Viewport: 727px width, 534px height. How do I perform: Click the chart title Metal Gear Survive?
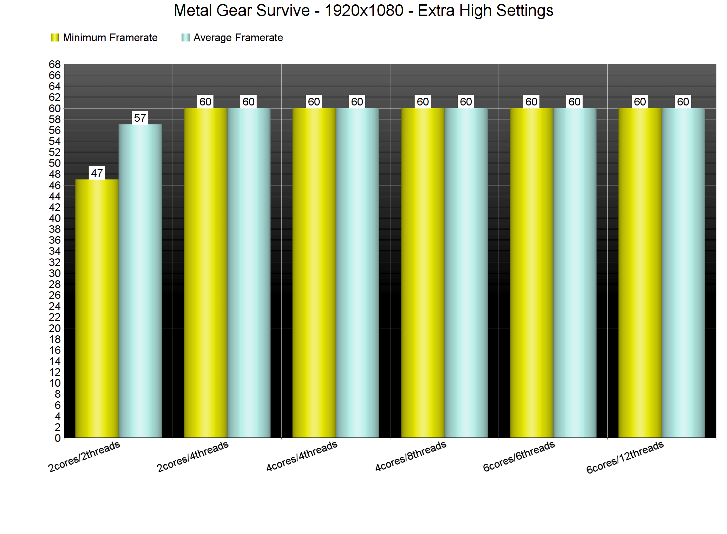pos(363,11)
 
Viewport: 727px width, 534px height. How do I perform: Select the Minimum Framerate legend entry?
pos(104,38)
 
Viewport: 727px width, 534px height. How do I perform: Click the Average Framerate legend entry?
pos(232,38)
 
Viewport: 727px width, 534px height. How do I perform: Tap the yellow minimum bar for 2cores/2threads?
pos(97,308)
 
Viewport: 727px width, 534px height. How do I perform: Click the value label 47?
pos(97,173)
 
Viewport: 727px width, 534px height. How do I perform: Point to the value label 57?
pos(140,118)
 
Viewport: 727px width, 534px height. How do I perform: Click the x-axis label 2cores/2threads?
pos(84,456)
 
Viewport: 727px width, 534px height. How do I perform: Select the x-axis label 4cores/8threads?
pos(411,456)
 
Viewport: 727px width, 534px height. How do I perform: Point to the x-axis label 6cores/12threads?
pos(625,457)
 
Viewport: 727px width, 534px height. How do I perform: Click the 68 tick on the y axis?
pos(55,64)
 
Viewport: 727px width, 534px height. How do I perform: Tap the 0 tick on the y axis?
pos(58,438)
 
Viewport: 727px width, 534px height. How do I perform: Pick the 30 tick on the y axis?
pos(55,273)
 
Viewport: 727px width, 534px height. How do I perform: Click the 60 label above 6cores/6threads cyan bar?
pos(575,102)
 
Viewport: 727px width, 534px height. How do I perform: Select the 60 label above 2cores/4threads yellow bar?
pos(205,102)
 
